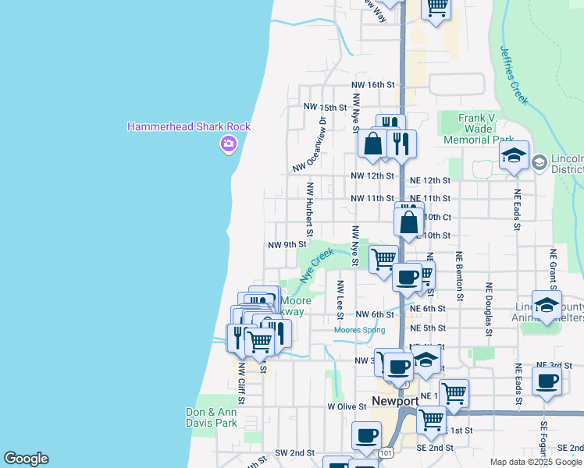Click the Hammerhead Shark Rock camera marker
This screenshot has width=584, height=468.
228,143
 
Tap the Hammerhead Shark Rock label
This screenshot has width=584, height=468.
190,126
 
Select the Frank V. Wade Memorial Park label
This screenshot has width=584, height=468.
477,128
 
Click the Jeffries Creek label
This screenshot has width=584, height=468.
514,75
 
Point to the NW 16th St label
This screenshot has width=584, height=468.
372,85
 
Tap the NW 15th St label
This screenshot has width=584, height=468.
325,107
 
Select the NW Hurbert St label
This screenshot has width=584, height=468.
310,210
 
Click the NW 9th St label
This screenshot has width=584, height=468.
287,244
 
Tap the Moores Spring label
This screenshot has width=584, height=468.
359,330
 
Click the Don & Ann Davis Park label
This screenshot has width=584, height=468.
212,417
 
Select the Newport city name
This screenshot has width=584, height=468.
395,401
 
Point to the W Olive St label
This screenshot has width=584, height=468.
347,406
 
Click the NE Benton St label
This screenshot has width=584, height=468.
460,276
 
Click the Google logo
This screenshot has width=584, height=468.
26,459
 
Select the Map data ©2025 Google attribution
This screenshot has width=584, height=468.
536,462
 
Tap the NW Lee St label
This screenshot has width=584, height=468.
340,299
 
